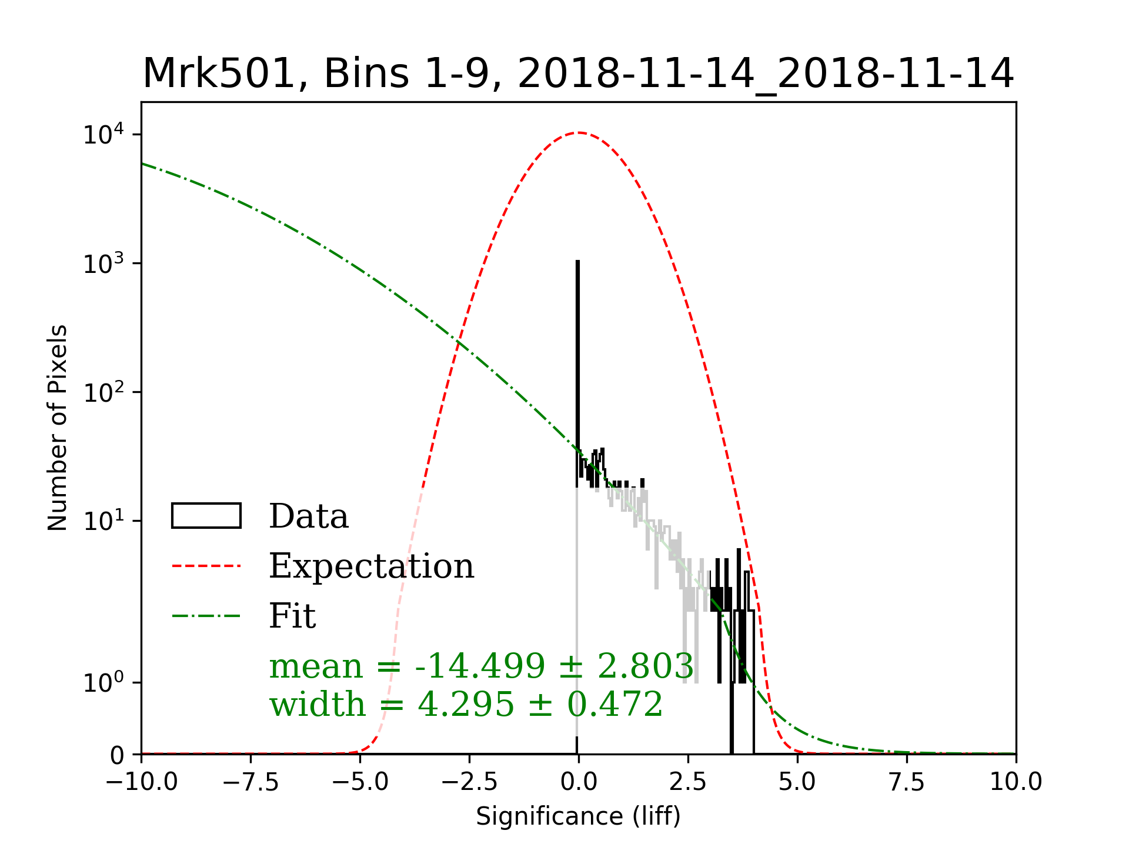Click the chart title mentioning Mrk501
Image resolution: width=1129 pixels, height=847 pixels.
click(x=578, y=74)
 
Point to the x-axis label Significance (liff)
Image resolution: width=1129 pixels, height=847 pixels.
click(x=578, y=816)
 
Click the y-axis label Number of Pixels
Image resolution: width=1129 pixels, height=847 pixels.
click(x=58, y=428)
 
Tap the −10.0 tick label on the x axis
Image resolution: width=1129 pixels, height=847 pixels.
click(x=141, y=782)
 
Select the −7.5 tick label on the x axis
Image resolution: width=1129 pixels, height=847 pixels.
click(x=250, y=782)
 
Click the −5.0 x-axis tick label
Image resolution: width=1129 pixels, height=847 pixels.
click(x=360, y=782)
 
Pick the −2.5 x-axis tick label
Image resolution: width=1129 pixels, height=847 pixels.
click(x=469, y=782)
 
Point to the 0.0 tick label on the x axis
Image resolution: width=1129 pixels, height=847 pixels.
click(x=579, y=782)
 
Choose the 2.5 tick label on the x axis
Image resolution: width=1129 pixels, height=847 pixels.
click(x=688, y=782)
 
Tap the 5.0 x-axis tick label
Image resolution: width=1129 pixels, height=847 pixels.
click(x=797, y=782)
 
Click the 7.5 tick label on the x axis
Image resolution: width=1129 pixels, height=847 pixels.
click(x=907, y=782)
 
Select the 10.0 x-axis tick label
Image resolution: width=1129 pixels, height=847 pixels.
click(x=1016, y=782)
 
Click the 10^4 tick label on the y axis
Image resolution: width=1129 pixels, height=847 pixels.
click(x=104, y=135)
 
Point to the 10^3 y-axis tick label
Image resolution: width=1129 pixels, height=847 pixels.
click(x=104, y=264)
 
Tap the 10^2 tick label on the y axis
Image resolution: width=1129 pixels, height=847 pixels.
click(x=104, y=393)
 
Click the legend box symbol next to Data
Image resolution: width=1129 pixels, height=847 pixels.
click(x=206, y=516)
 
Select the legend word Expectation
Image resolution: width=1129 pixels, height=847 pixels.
click(x=371, y=566)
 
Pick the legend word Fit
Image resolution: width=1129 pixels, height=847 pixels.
click(x=292, y=616)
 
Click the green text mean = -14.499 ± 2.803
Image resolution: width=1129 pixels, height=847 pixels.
click(x=481, y=666)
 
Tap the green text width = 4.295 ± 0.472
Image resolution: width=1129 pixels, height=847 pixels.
click(x=466, y=704)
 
